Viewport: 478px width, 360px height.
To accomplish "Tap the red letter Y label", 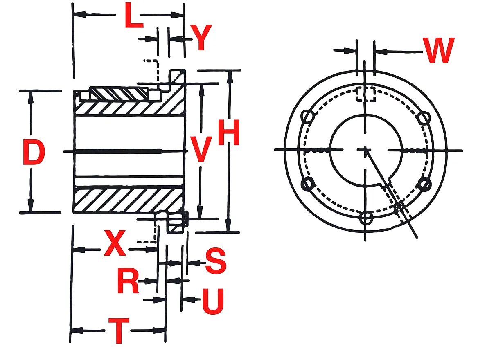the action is [201, 37].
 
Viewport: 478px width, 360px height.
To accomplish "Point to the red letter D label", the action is [34, 153].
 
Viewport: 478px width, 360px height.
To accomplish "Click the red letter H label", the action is [229, 132].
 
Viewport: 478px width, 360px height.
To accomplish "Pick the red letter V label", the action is [200, 149].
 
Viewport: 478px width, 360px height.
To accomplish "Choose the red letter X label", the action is [115, 243].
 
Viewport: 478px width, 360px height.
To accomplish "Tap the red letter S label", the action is [216, 261].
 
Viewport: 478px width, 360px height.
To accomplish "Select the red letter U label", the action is [213, 301].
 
